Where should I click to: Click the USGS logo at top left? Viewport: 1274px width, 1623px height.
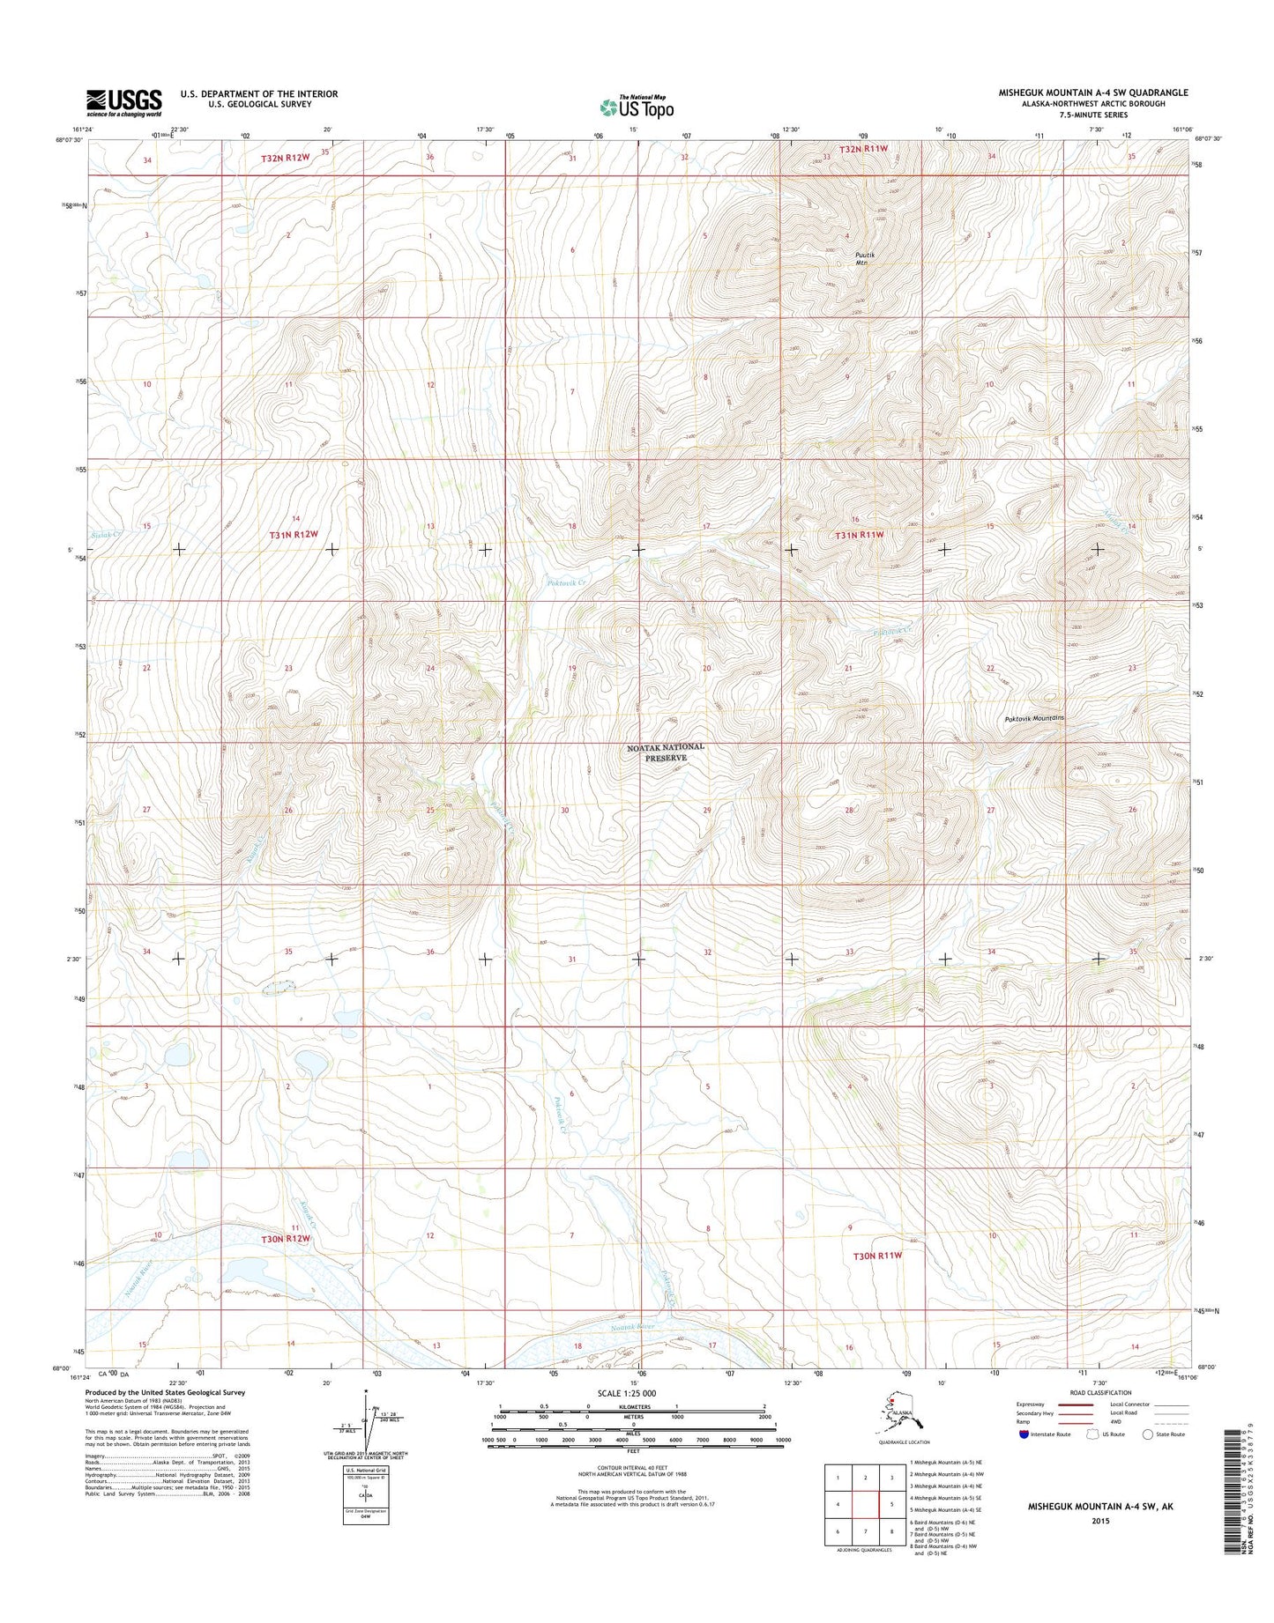tap(123, 102)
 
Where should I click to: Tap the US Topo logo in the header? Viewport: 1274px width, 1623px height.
tap(637, 107)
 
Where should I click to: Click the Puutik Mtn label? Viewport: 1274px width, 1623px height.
tap(864, 258)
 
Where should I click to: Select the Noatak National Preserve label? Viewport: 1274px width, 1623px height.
tap(666, 752)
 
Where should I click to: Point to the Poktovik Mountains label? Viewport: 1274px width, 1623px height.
tap(1035, 719)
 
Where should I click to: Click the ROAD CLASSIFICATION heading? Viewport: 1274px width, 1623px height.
tap(1099, 1393)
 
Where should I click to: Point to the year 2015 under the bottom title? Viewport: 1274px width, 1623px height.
tap(1099, 1521)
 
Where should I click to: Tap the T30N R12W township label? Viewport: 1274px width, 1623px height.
tap(286, 1239)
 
